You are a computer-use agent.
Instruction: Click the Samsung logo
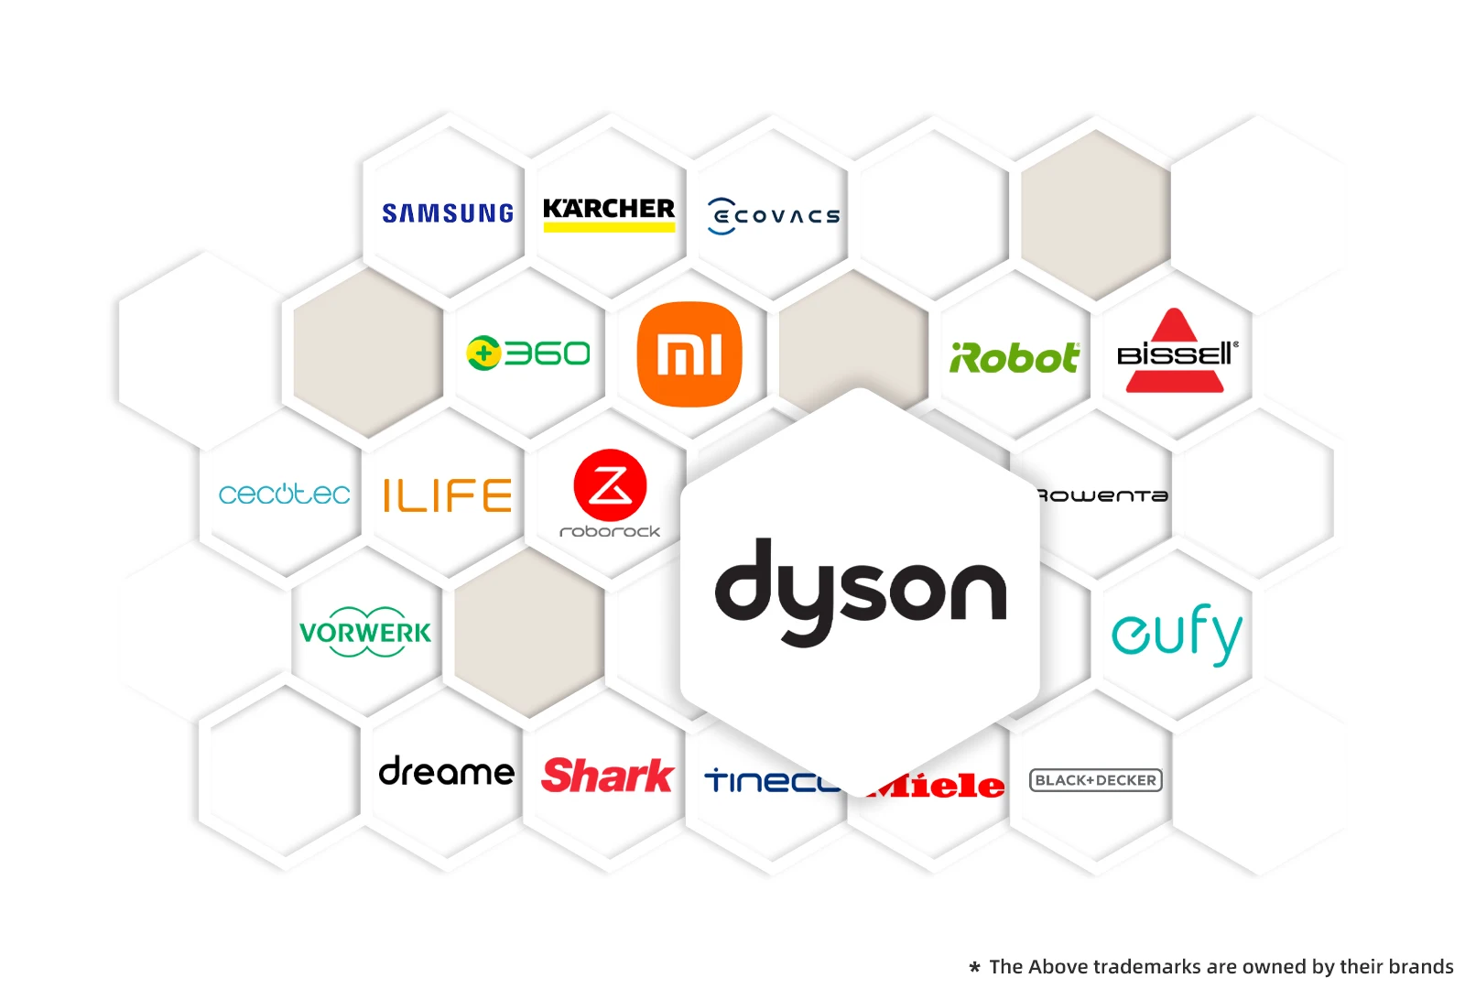448,213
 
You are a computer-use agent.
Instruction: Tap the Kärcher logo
609,213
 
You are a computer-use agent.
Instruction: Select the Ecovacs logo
774,216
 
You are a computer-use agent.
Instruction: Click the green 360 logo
528,353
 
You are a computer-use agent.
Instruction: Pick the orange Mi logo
689,354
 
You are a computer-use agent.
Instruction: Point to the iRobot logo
1015,358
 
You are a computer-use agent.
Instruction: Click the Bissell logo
1177,353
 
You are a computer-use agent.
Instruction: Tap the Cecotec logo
284,494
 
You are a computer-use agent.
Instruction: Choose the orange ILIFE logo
447,495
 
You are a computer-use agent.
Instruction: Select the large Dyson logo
860,591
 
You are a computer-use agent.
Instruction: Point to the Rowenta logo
1103,495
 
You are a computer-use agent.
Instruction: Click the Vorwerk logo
365,632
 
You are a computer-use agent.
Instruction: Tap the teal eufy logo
1177,633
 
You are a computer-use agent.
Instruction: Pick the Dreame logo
447,772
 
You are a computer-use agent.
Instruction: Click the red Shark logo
608,776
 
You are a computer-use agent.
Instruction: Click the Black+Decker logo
1095,780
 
